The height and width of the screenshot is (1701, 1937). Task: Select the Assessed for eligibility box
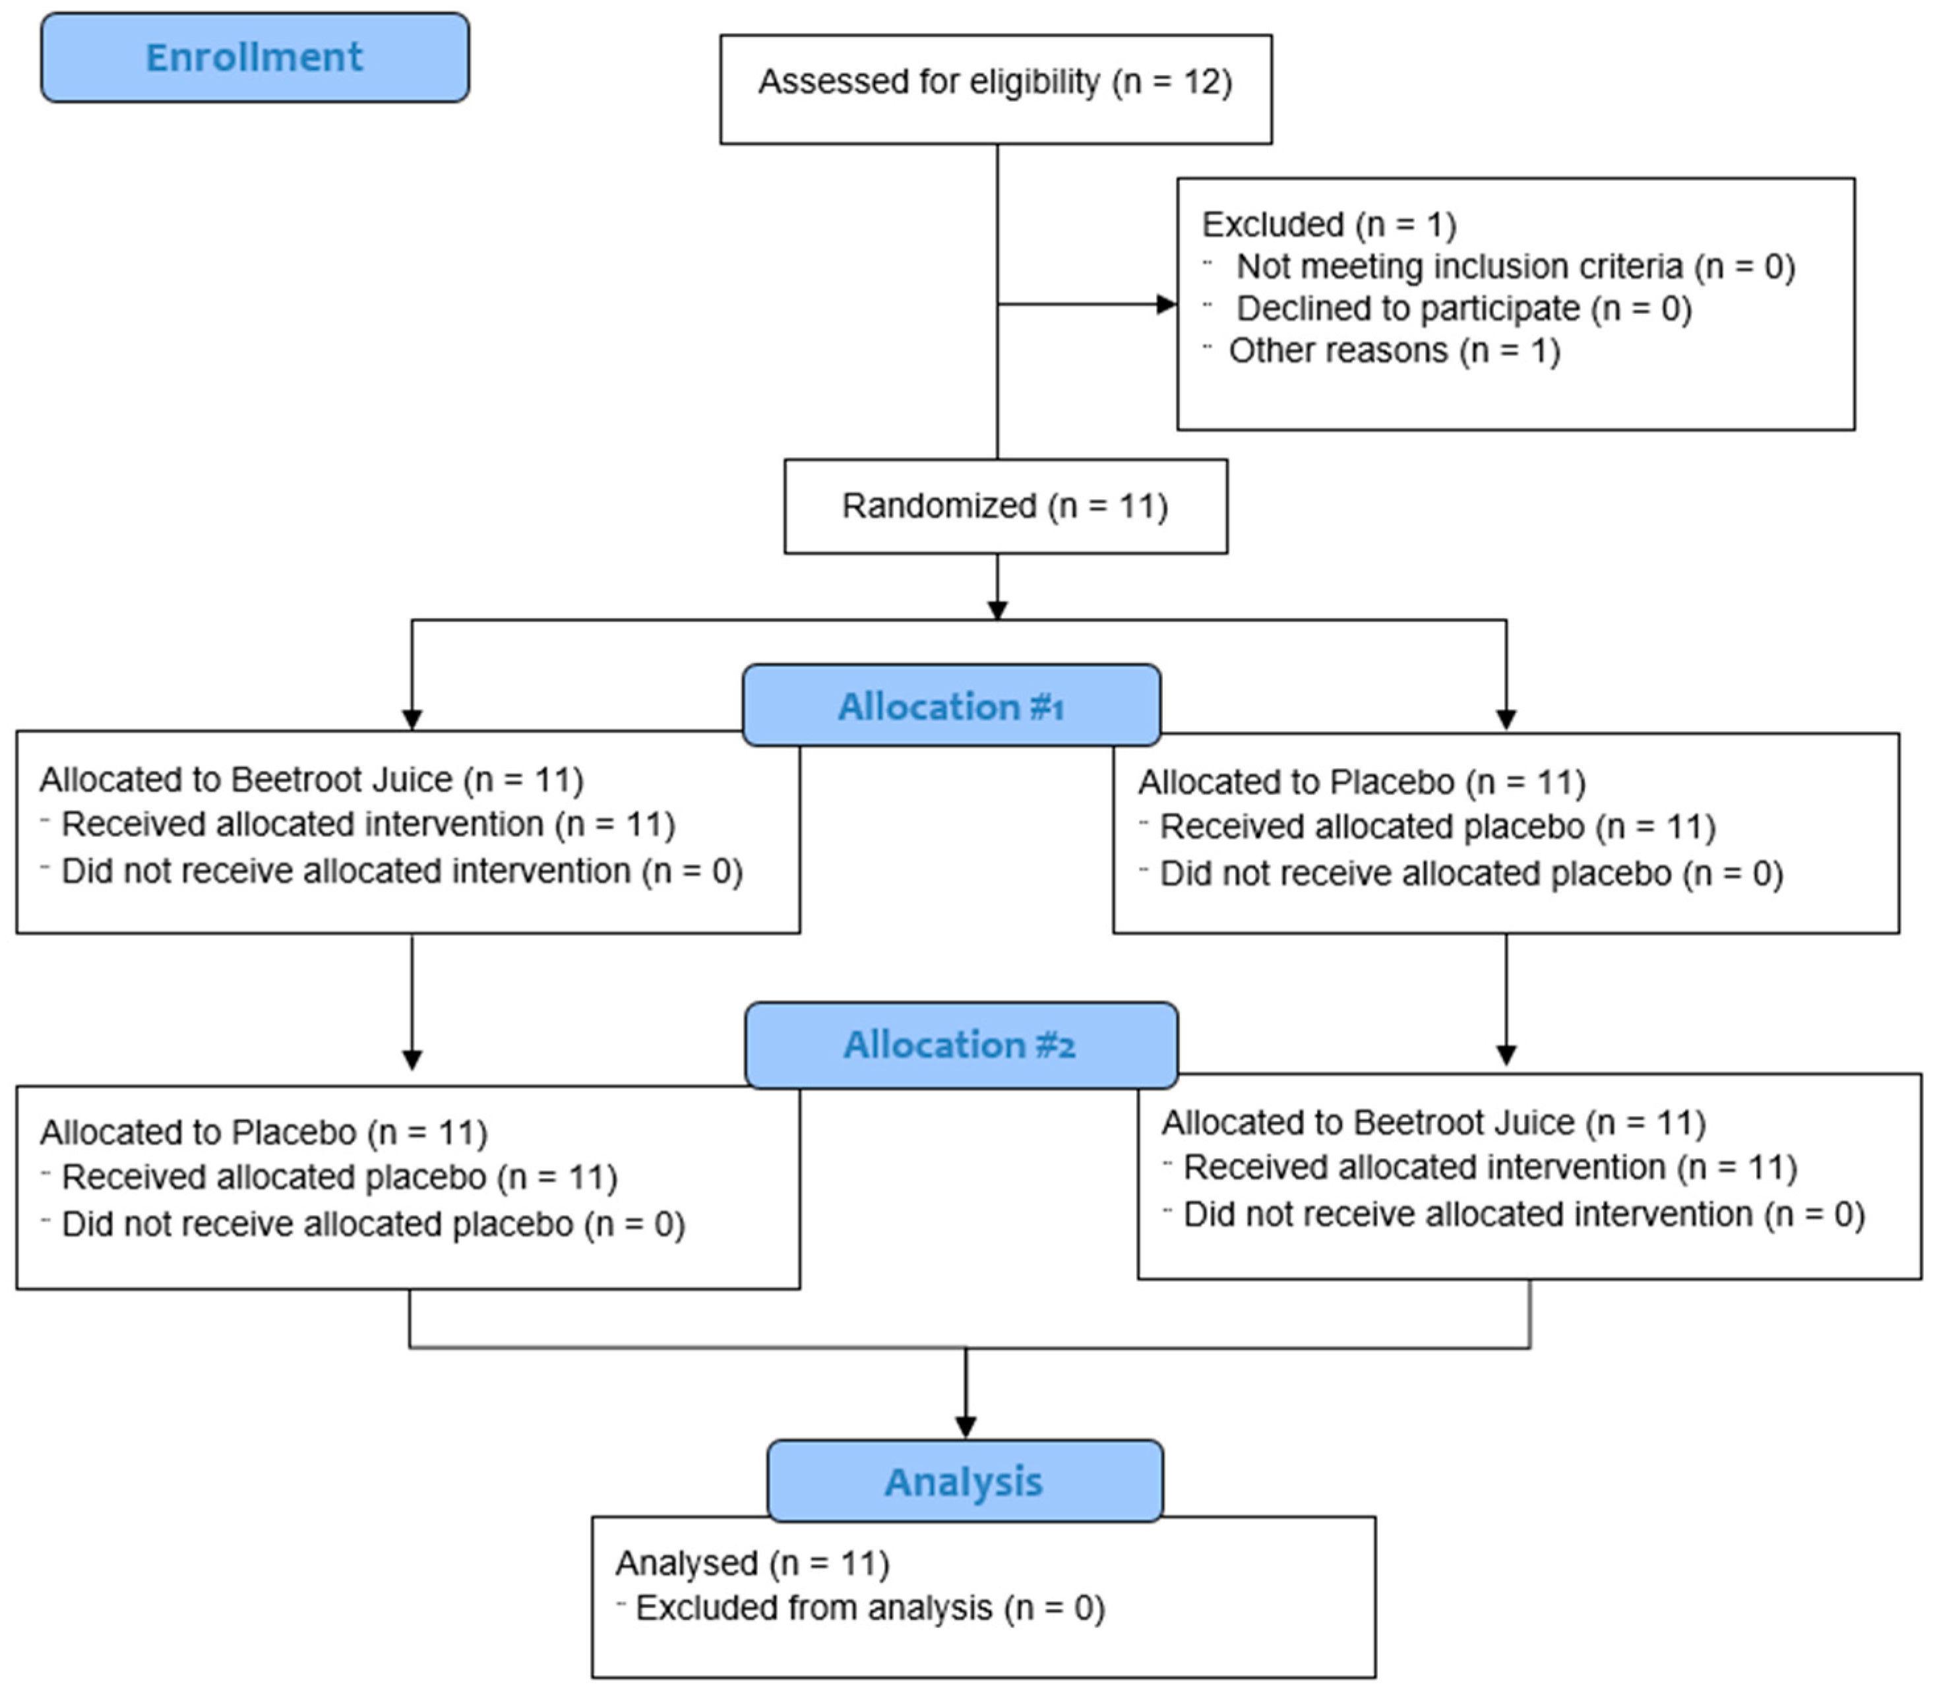point(995,89)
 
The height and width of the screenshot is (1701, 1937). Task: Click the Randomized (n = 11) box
point(1004,506)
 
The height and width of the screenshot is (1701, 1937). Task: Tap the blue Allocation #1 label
point(950,706)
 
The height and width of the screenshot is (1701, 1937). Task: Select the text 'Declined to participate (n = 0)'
point(1463,309)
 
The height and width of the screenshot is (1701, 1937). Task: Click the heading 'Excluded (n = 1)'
point(1329,225)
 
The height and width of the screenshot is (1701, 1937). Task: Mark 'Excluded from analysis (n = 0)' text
point(870,1608)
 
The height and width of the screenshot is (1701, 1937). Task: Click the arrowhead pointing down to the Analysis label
point(966,1425)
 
